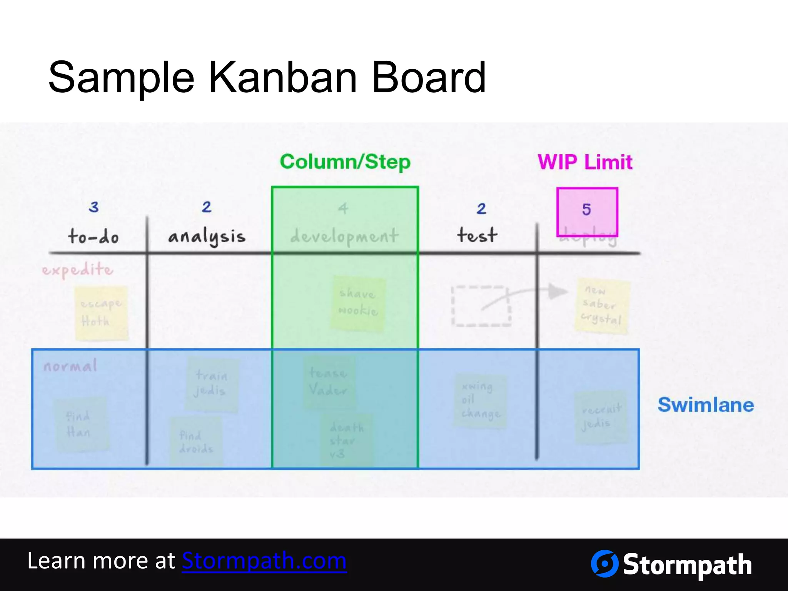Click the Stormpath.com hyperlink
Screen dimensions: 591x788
point(264,561)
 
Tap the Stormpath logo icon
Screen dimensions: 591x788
point(604,564)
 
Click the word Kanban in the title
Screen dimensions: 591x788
point(282,78)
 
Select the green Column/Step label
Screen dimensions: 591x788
point(345,162)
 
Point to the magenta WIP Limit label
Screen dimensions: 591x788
point(585,162)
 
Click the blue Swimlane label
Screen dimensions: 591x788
point(706,405)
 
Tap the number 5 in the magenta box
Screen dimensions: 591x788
point(586,210)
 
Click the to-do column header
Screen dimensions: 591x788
point(93,236)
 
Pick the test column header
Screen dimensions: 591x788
point(477,235)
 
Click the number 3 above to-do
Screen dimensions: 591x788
point(93,207)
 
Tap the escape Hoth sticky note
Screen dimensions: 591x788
point(101,313)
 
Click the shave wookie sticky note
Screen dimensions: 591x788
point(358,303)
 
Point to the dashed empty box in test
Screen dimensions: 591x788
point(481,306)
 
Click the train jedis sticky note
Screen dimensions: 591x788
point(212,384)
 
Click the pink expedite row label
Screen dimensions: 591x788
point(78,270)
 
